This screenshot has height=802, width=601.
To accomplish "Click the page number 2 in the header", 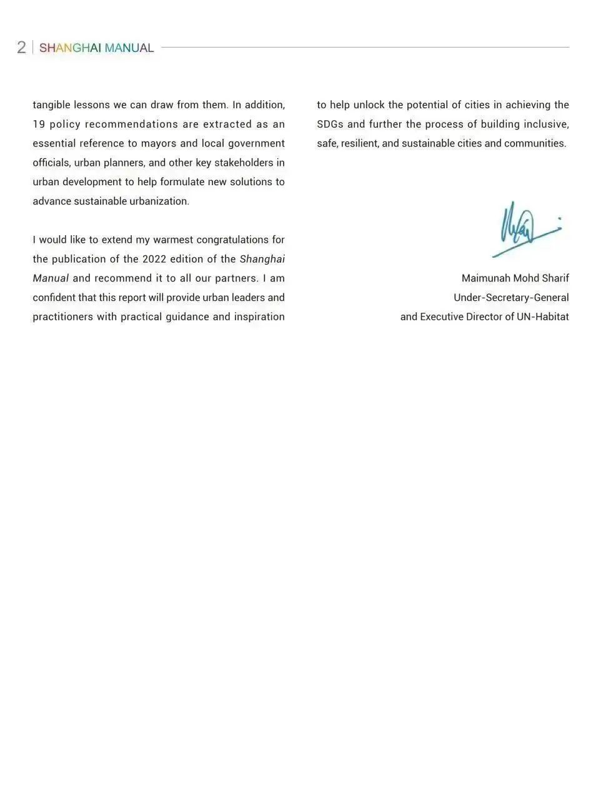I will [x=21, y=48].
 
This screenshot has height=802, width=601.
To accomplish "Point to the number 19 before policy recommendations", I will [x=39, y=124].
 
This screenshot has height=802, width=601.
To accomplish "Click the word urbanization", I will [x=159, y=201].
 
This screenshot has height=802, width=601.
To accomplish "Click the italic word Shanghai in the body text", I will [x=262, y=259].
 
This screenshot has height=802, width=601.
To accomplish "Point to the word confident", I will [x=54, y=298].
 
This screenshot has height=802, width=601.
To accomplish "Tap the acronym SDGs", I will [x=330, y=124].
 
